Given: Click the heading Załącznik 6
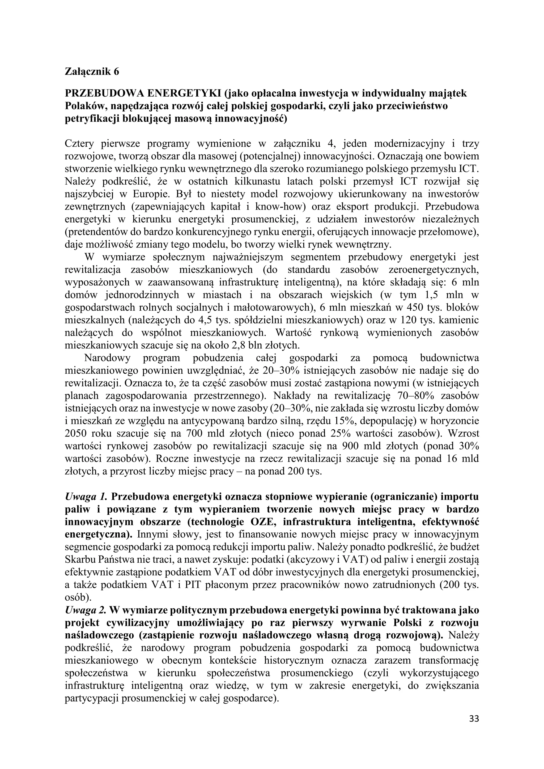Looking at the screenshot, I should (92, 72).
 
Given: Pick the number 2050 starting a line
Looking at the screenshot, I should (76, 433).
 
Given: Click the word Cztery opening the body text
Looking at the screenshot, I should (79, 144).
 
